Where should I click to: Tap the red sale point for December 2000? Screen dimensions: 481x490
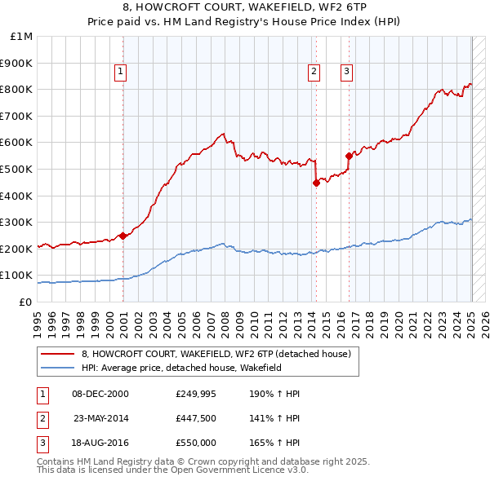(122, 236)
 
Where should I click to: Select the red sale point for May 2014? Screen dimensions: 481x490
(316, 183)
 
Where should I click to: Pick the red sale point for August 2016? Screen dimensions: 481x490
(349, 156)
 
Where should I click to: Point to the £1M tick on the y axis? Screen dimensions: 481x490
(22, 37)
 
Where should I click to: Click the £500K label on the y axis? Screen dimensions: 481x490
(18, 169)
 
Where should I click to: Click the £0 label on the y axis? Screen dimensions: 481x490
(26, 302)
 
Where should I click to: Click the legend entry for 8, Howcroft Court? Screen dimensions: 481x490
(216, 354)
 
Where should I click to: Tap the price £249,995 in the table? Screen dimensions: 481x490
(196, 394)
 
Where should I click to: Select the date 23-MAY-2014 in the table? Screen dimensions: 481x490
(101, 418)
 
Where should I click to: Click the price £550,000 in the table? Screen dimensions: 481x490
(196, 443)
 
